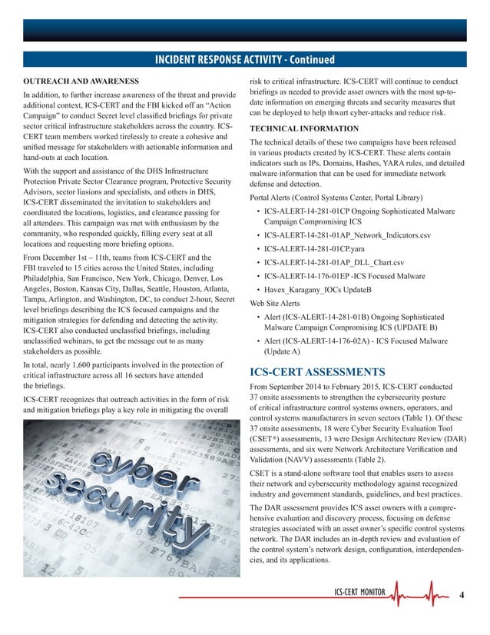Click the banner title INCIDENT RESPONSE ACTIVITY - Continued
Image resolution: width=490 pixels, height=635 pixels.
tap(244, 59)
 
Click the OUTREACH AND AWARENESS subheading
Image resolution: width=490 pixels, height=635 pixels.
tap(81, 81)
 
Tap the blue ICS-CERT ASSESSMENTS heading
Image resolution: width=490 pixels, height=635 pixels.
tap(323, 369)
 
